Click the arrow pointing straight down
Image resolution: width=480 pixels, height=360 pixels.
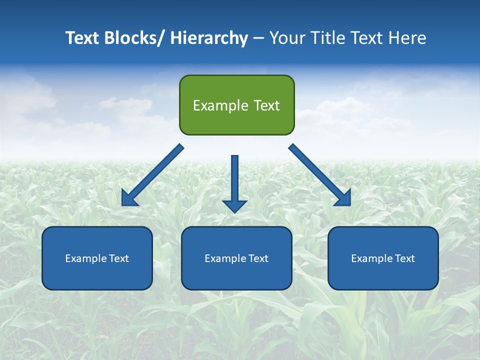click(x=234, y=182)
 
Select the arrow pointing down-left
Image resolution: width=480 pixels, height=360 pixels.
click(x=152, y=175)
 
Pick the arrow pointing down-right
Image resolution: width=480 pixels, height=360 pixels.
click(x=320, y=175)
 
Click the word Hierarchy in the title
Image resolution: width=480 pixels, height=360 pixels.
click(x=209, y=38)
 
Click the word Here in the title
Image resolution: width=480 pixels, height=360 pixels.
click(x=406, y=38)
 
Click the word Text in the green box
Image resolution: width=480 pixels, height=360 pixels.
click(x=265, y=105)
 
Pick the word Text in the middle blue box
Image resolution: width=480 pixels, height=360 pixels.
click(x=258, y=258)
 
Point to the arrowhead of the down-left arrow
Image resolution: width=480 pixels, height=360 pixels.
click(x=129, y=198)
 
